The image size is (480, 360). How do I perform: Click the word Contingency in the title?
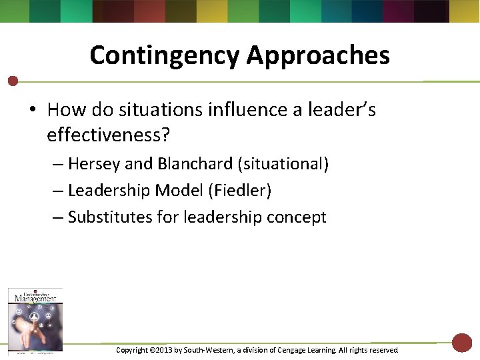(165, 55)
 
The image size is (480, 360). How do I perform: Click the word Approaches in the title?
(318, 55)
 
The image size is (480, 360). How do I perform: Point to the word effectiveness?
(109, 135)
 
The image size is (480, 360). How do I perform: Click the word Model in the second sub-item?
(179, 191)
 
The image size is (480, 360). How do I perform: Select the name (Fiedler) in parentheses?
(240, 191)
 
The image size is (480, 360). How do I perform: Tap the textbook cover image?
(35, 319)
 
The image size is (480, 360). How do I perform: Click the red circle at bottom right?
(461, 343)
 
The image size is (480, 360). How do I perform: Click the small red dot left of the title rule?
(12, 81)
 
